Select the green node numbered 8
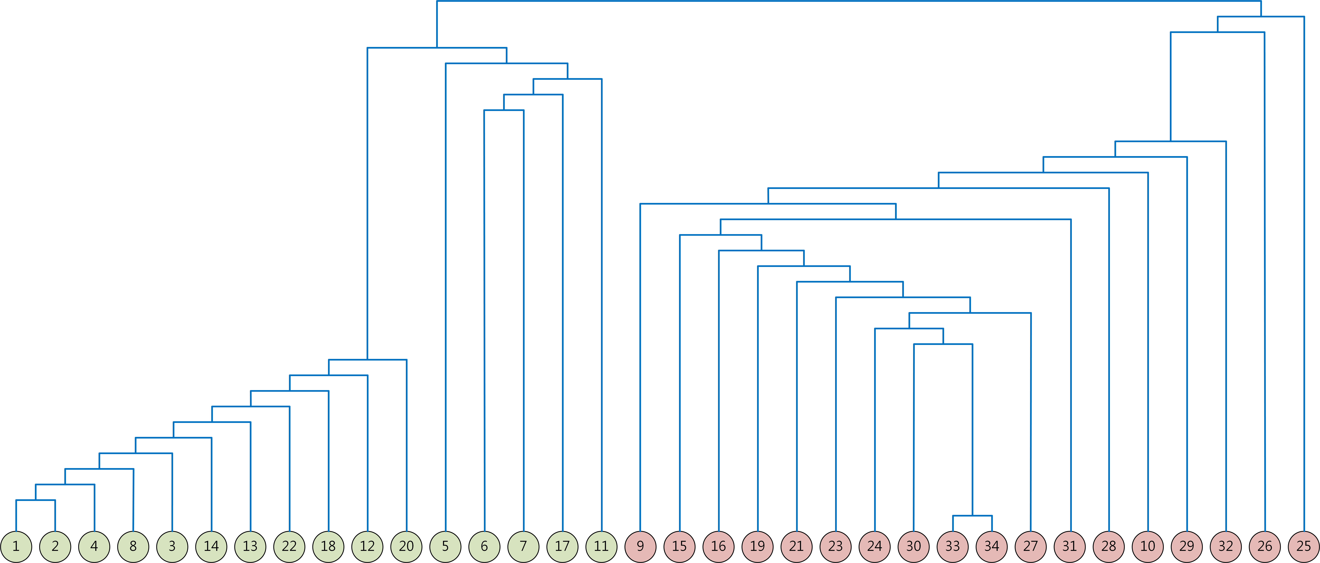(133, 547)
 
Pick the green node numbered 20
(406, 547)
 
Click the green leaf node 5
(445, 547)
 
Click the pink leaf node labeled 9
(641, 547)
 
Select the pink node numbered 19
(757, 547)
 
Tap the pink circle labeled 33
(953, 547)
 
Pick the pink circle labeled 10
(1148, 547)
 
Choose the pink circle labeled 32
(1226, 547)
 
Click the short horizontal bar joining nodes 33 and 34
(972, 516)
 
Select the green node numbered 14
(211, 547)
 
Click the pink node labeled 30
(914, 547)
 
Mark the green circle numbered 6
(484, 547)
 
